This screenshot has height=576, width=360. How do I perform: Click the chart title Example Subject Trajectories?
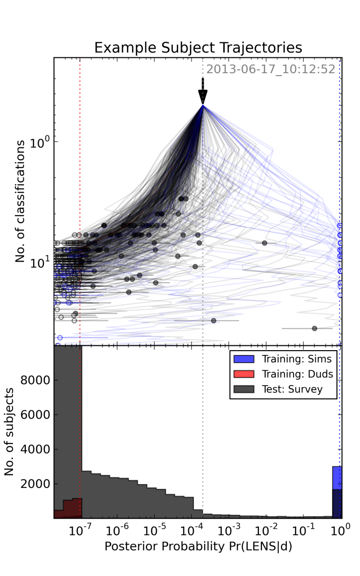coord(198,48)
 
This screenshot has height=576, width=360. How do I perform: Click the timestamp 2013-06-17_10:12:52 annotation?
coord(271,69)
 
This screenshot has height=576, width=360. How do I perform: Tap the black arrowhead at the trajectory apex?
coord(203,96)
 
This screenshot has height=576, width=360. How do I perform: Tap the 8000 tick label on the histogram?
coord(36,380)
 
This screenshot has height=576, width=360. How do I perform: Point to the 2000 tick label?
coord(36,484)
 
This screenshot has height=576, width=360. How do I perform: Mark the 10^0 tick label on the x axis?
coord(340,529)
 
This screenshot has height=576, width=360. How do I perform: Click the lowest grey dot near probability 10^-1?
coord(314,328)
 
